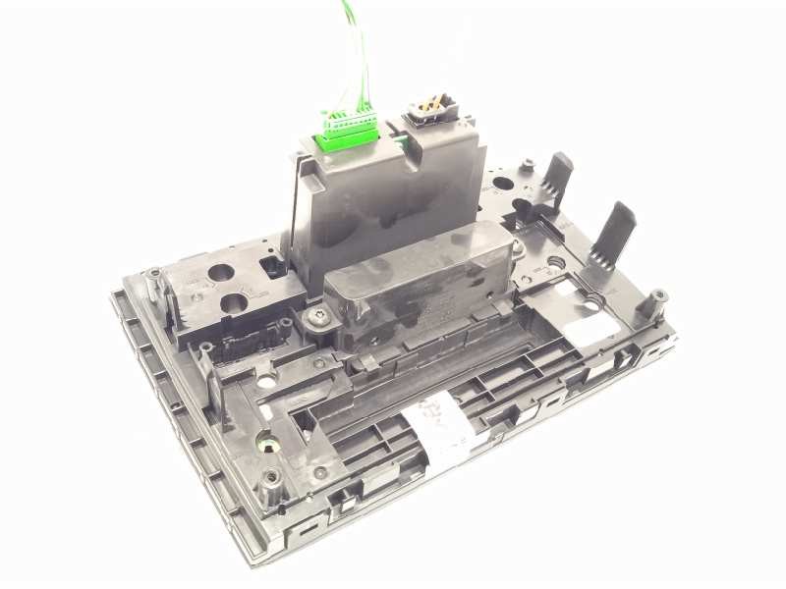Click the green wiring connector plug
[x=346, y=132]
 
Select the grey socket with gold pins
[x=428, y=105]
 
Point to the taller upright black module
[x=388, y=196]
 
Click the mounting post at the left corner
[x=153, y=282]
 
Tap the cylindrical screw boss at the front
[x=272, y=481]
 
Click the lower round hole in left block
[x=236, y=304]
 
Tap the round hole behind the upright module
[x=501, y=183]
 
